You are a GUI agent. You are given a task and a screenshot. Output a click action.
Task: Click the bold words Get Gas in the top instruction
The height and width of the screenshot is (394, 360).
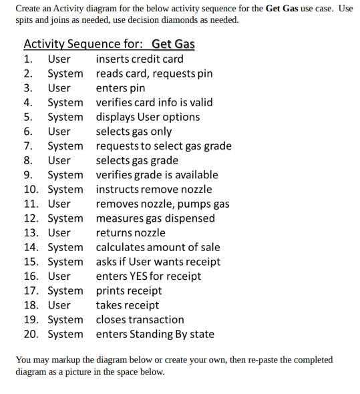tap(283, 9)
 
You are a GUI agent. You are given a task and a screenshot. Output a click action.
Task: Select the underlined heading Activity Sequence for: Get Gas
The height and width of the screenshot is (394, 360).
tap(109, 44)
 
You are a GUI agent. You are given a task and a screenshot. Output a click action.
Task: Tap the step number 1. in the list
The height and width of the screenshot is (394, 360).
tap(28, 59)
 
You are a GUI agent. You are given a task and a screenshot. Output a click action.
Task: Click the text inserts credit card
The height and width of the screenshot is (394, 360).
tap(140, 59)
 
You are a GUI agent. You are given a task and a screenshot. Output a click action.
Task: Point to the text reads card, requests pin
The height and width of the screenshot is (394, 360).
tap(154, 73)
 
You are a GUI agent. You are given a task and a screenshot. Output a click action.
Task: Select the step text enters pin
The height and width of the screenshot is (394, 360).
tap(121, 88)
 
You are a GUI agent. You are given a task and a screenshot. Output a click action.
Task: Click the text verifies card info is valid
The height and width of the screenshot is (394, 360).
tap(154, 102)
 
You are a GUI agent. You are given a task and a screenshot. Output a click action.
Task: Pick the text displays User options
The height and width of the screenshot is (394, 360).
tap(148, 117)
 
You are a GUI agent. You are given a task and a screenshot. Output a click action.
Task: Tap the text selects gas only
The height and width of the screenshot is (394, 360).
tap(134, 132)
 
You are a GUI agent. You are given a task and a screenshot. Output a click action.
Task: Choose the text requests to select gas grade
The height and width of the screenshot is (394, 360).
tap(164, 146)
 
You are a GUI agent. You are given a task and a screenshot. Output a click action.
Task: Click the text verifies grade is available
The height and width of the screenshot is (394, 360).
tap(157, 175)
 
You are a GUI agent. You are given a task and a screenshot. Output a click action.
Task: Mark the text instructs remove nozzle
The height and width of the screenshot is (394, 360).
tap(154, 190)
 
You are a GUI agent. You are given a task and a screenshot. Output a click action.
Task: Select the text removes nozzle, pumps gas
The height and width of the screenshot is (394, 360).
tap(162, 204)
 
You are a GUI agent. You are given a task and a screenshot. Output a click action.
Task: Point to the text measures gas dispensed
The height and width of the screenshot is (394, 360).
tap(156, 218)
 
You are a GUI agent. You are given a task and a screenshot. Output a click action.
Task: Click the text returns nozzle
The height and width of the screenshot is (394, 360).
tap(131, 233)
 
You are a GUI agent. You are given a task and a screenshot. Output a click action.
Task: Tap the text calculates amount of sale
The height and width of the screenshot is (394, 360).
tap(158, 247)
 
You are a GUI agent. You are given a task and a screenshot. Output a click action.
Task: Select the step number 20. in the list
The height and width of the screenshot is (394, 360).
tap(31, 334)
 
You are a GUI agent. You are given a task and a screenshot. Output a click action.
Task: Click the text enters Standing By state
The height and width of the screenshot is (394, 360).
tap(155, 334)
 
